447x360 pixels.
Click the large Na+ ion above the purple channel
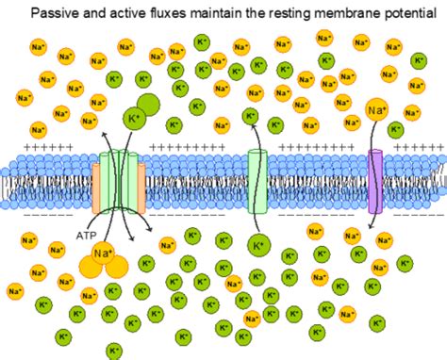click(x=376, y=113)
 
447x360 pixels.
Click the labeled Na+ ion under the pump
click(x=103, y=254)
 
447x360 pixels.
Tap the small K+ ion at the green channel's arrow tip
click(x=250, y=117)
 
